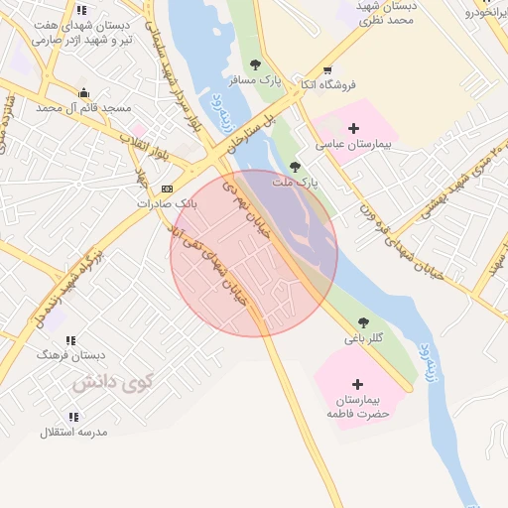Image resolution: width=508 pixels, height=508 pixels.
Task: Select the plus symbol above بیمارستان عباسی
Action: click(354, 128)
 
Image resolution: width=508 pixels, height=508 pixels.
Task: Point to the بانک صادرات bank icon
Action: click(167, 189)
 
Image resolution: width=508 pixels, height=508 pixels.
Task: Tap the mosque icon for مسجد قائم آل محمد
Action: click(81, 92)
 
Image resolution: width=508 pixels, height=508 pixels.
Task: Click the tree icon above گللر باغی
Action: click(363, 322)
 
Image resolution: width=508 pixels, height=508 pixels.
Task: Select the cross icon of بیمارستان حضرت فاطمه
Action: click(356, 383)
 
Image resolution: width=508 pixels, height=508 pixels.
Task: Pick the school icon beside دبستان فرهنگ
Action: click(71, 337)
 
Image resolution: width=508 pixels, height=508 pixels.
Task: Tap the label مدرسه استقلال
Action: click(73, 433)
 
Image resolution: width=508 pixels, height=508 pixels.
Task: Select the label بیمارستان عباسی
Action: click(355, 145)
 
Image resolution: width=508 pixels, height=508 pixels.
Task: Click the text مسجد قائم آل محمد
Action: click(83, 107)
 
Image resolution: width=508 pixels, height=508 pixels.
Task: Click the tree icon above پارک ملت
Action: click(295, 166)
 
